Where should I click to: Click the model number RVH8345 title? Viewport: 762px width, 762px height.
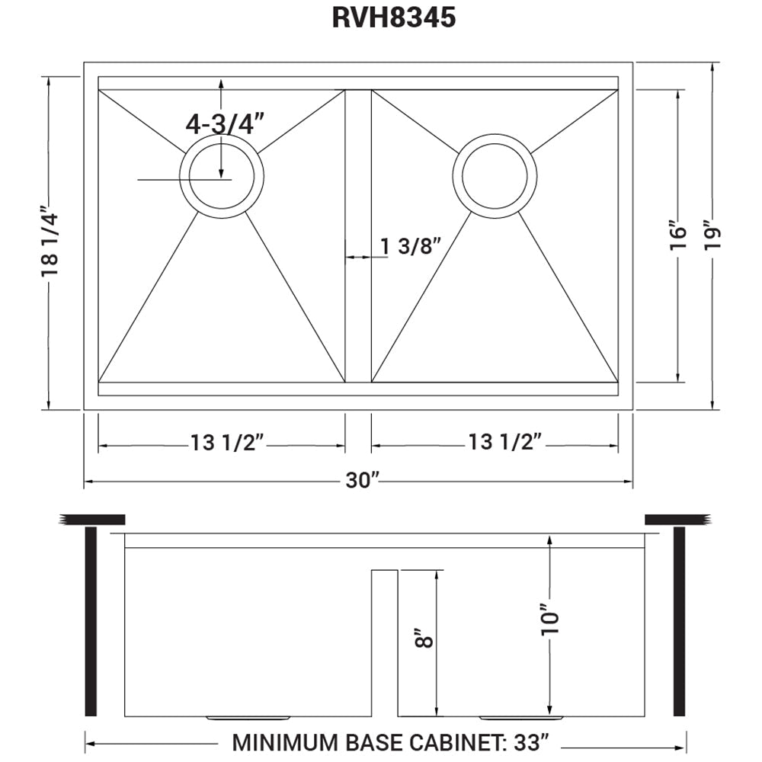pos(393,18)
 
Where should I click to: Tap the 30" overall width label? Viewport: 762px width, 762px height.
pos(363,480)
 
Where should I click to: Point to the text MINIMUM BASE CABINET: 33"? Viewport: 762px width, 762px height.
pos(390,741)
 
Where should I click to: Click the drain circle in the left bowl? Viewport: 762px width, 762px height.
pos(222,177)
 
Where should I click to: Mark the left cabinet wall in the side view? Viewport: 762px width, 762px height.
pos(91,621)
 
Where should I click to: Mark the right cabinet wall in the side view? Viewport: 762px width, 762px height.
pos(679,621)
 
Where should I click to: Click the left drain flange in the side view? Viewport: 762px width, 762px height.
pos(247,718)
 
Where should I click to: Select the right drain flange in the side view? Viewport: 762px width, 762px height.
pos(521,718)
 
